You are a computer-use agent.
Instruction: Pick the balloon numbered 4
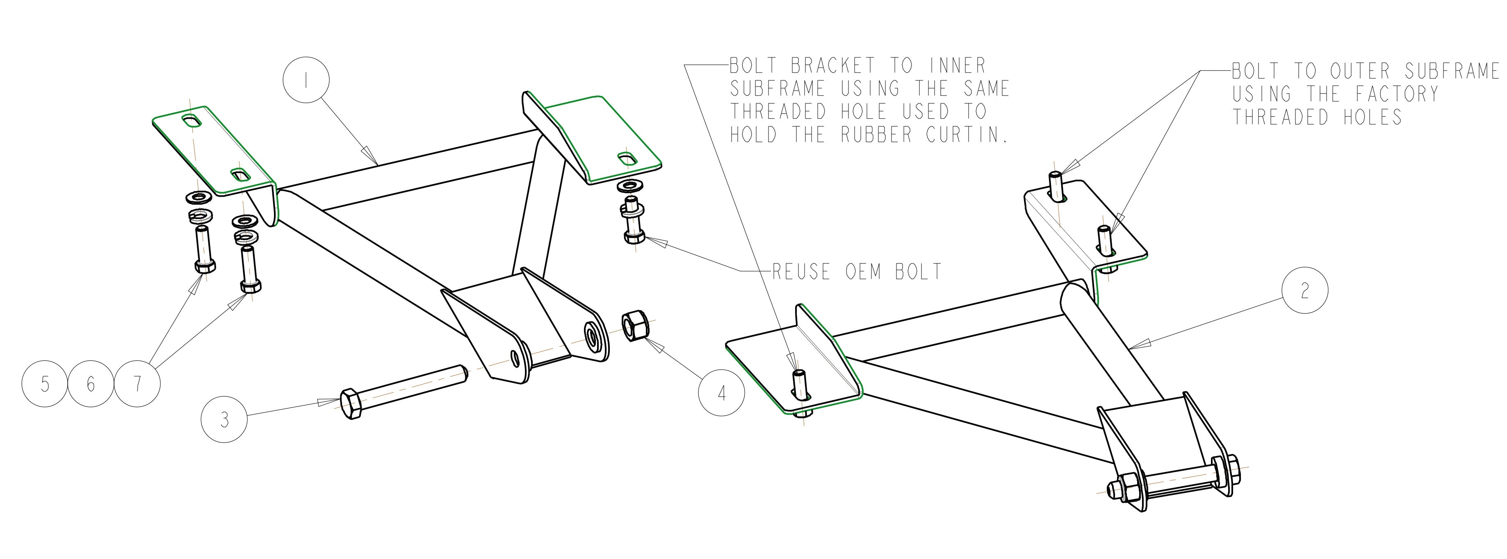(x=722, y=393)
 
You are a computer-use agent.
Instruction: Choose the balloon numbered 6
(x=91, y=384)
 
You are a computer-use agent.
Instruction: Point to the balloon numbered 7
(x=137, y=384)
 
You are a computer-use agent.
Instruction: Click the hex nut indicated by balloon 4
(x=632, y=325)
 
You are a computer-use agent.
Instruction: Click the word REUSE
(x=801, y=272)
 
